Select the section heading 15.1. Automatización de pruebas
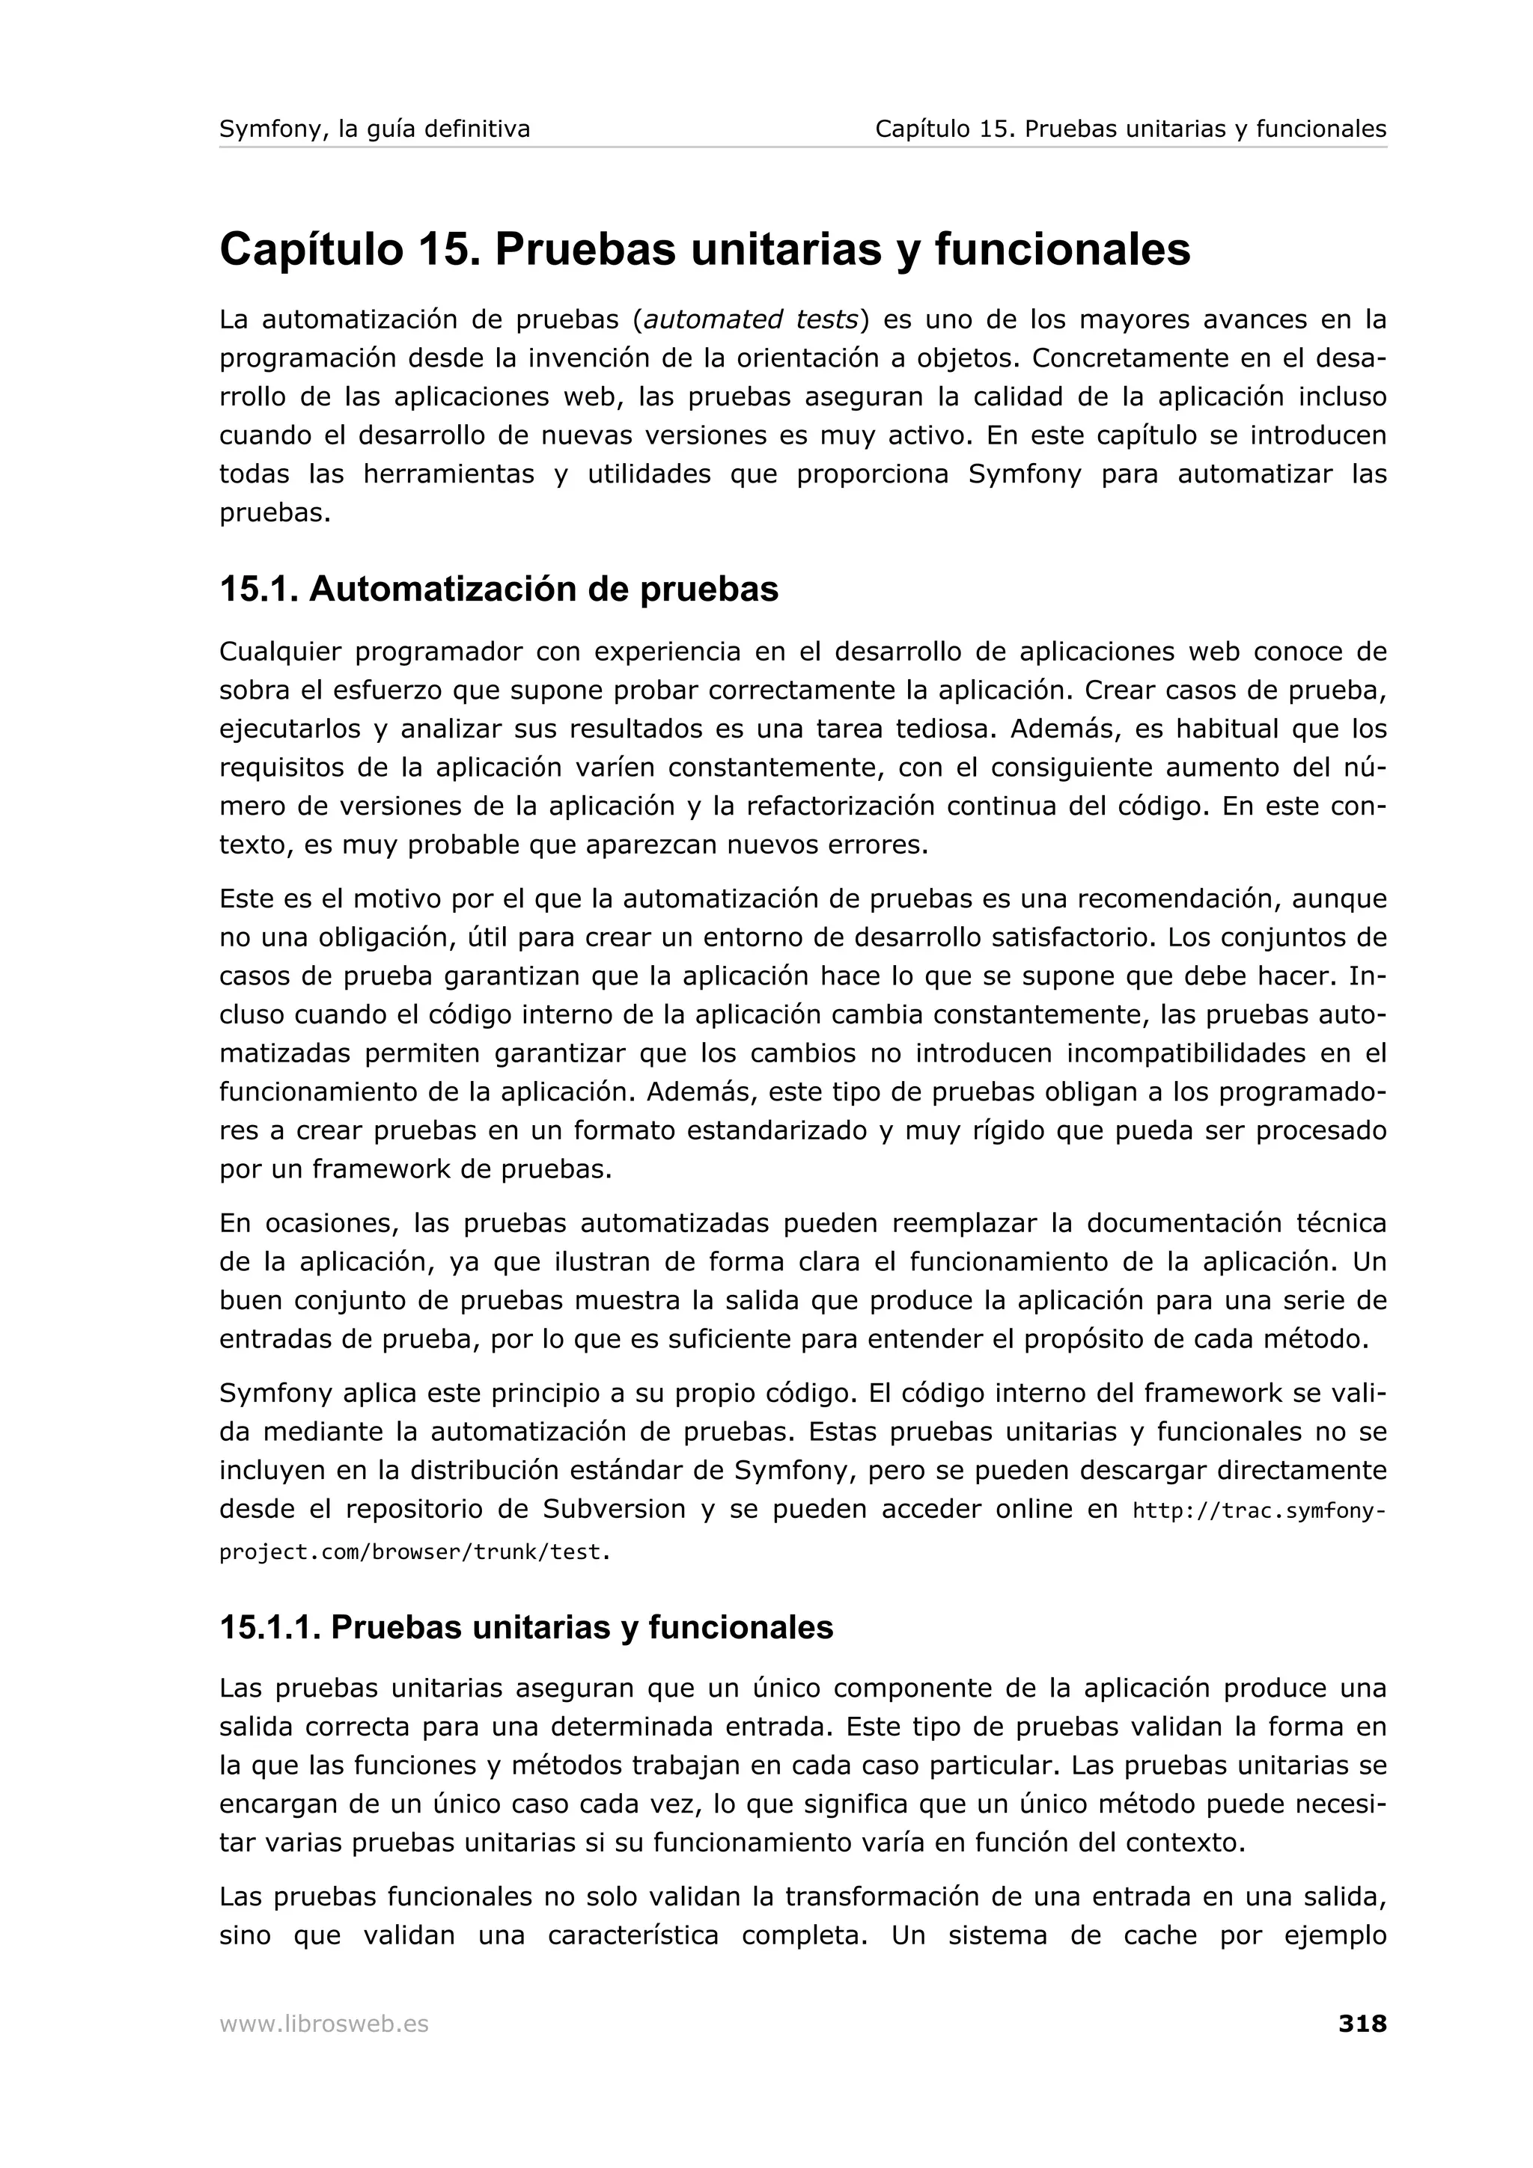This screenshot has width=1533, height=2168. (499, 590)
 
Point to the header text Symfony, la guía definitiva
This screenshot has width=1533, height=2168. (374, 129)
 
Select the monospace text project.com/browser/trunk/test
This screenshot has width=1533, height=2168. (415, 1552)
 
